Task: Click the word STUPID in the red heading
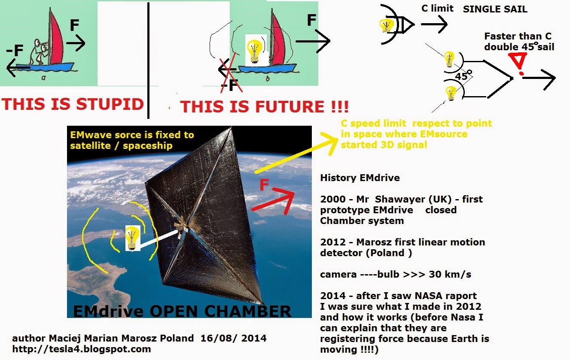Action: click(110, 104)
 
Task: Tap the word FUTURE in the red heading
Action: click(290, 106)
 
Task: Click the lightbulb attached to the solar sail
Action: click(132, 238)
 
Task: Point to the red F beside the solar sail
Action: click(265, 185)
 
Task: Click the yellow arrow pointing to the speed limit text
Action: click(296, 153)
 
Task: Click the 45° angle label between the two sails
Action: click(463, 76)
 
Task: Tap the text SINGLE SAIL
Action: click(495, 9)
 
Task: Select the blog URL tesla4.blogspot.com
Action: click(82, 349)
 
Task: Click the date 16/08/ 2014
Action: click(233, 338)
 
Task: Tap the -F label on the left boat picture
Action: click(15, 50)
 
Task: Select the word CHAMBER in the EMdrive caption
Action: click(247, 311)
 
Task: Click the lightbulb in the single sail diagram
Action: click(386, 26)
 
